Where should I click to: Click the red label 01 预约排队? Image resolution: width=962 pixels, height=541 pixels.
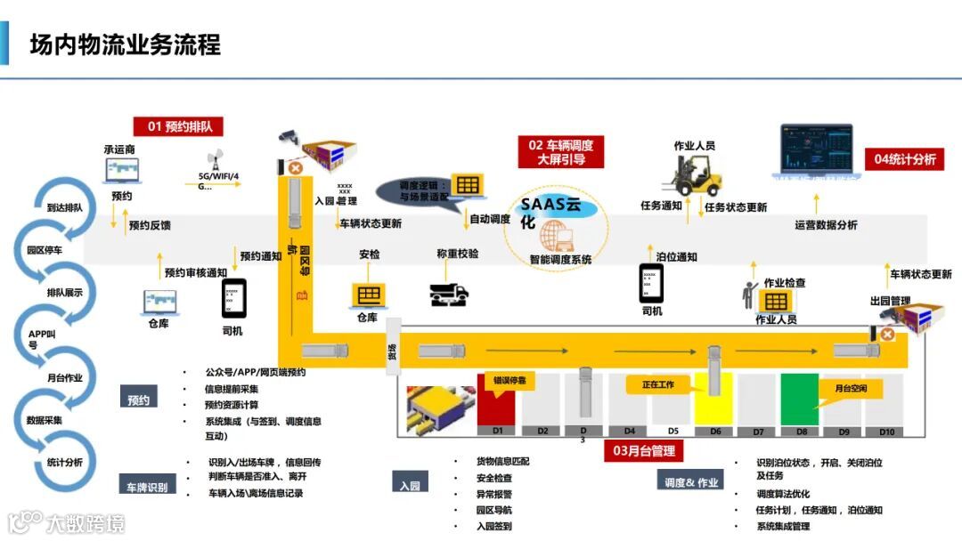[x=178, y=126]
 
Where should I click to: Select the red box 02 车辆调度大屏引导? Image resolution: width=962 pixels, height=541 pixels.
[x=560, y=152]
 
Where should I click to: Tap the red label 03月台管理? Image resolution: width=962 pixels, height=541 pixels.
[x=644, y=451]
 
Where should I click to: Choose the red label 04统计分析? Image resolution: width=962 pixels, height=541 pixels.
[x=904, y=159]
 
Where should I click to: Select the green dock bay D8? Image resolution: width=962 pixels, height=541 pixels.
[x=801, y=400]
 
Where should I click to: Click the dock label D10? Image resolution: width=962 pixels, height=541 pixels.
[x=886, y=432]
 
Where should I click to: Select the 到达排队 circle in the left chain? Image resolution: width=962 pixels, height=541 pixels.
[x=64, y=207]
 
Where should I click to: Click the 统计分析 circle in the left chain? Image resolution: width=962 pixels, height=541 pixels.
[x=64, y=463]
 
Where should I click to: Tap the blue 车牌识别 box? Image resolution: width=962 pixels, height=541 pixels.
[x=148, y=486]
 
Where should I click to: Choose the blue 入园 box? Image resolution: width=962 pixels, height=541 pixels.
[x=409, y=486]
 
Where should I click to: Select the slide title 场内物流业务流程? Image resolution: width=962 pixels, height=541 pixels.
[x=126, y=44]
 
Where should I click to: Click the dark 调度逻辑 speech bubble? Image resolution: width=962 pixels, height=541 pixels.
[x=412, y=190]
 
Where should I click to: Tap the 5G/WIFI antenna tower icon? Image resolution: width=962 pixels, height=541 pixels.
[x=214, y=160]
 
